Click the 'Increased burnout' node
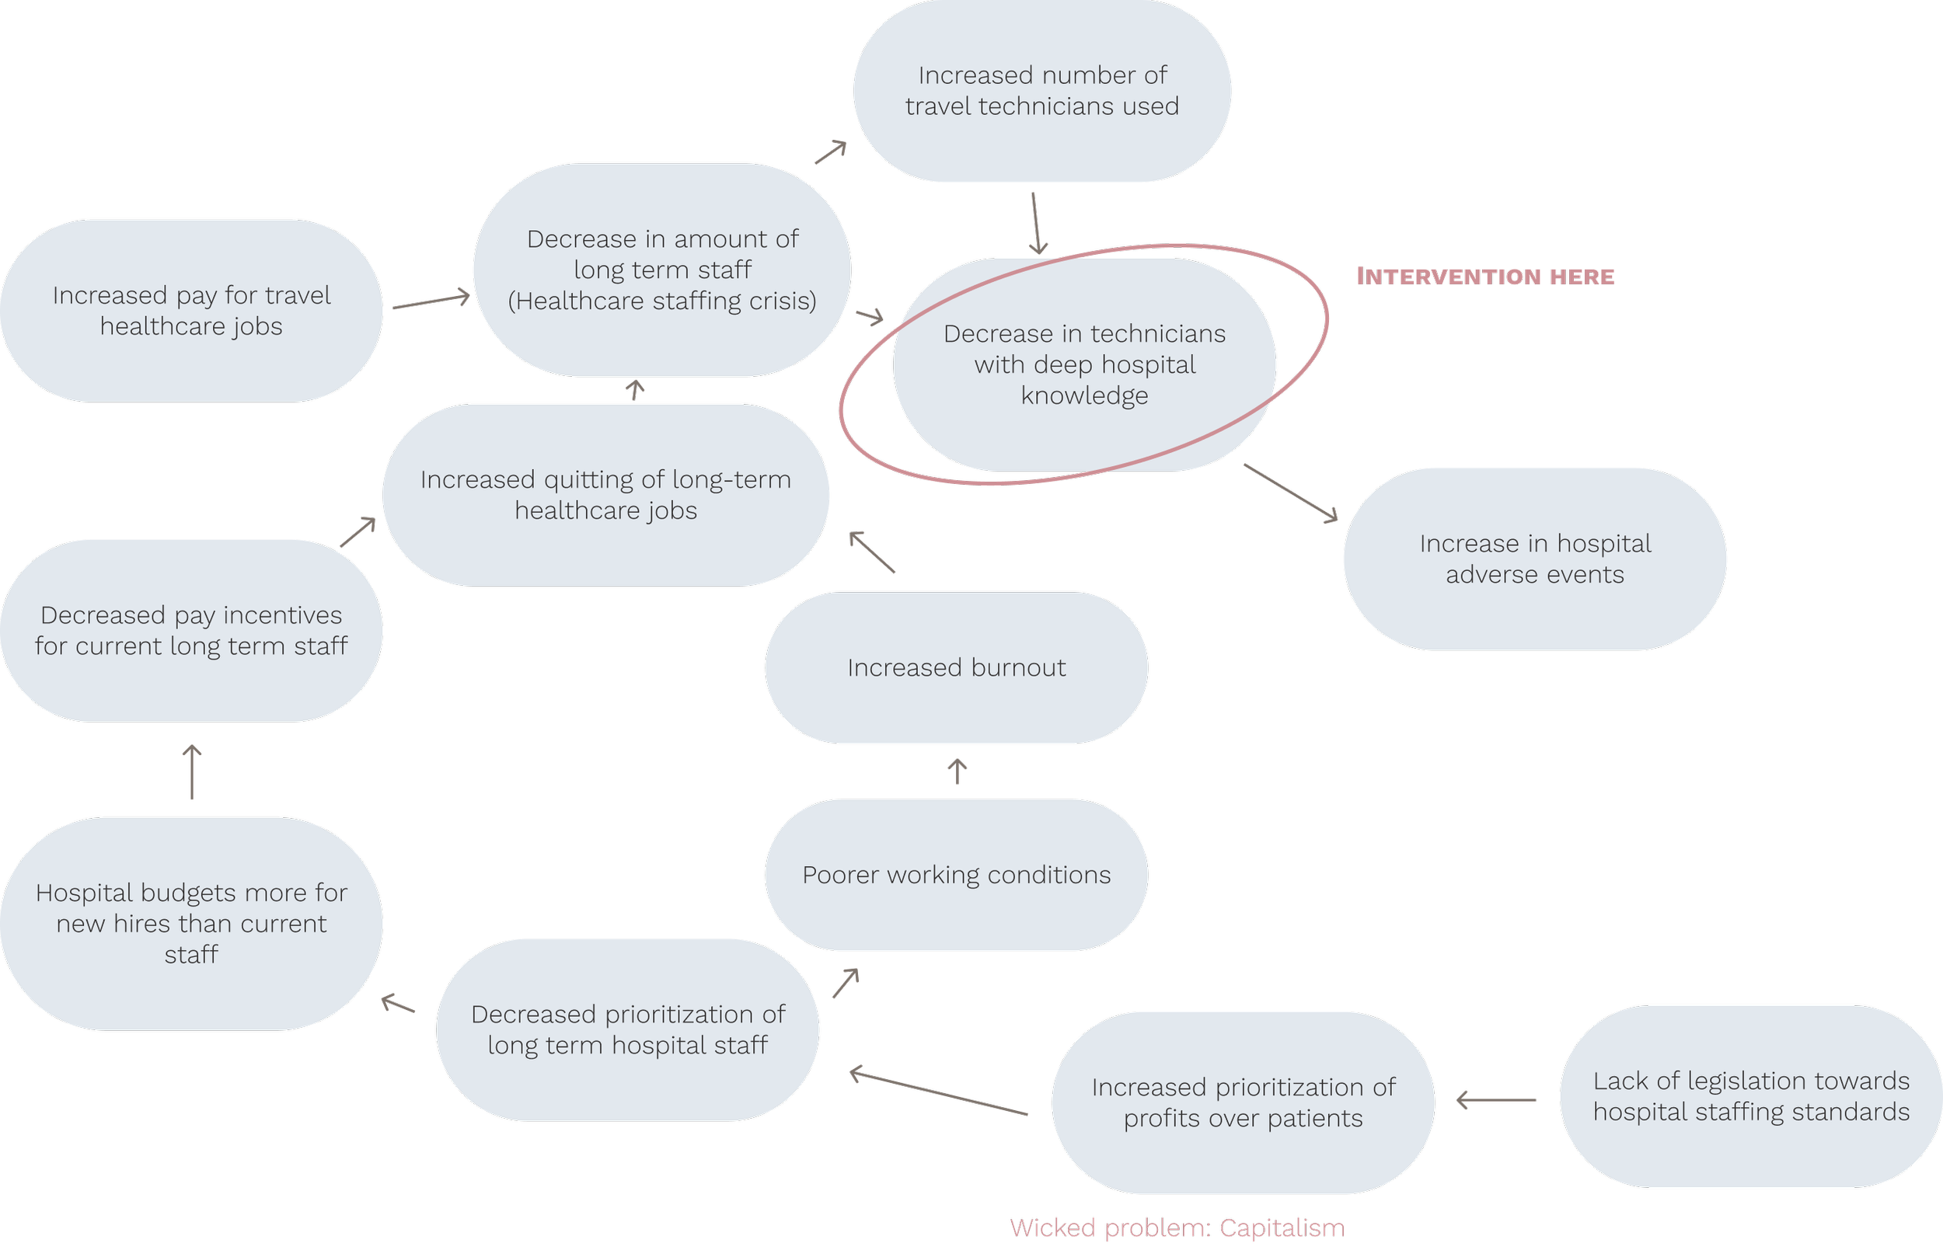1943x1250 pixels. click(x=956, y=667)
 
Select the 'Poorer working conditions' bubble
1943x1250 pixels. click(x=956, y=875)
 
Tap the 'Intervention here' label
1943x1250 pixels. click(x=1485, y=276)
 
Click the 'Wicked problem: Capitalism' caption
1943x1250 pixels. click(x=1177, y=1227)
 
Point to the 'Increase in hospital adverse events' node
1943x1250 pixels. click(x=1535, y=559)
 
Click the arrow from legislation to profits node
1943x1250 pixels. click(x=1495, y=1100)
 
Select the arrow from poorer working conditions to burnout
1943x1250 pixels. click(x=958, y=771)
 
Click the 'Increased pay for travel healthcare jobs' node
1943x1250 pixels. click(x=191, y=310)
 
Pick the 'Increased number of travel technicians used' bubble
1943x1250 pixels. click(x=1041, y=91)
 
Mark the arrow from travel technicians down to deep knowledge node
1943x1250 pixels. click(x=1036, y=223)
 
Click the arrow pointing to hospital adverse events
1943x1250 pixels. click(x=1291, y=493)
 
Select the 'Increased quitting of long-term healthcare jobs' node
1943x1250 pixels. click(x=605, y=494)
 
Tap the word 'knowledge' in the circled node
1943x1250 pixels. click(x=1084, y=396)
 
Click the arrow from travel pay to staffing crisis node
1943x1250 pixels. click(x=431, y=301)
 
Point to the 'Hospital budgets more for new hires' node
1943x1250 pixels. click(x=191, y=923)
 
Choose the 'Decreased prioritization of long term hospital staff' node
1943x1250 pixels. click(x=628, y=1029)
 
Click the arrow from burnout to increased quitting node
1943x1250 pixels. click(x=872, y=552)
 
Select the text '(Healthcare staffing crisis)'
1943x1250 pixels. click(x=661, y=301)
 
